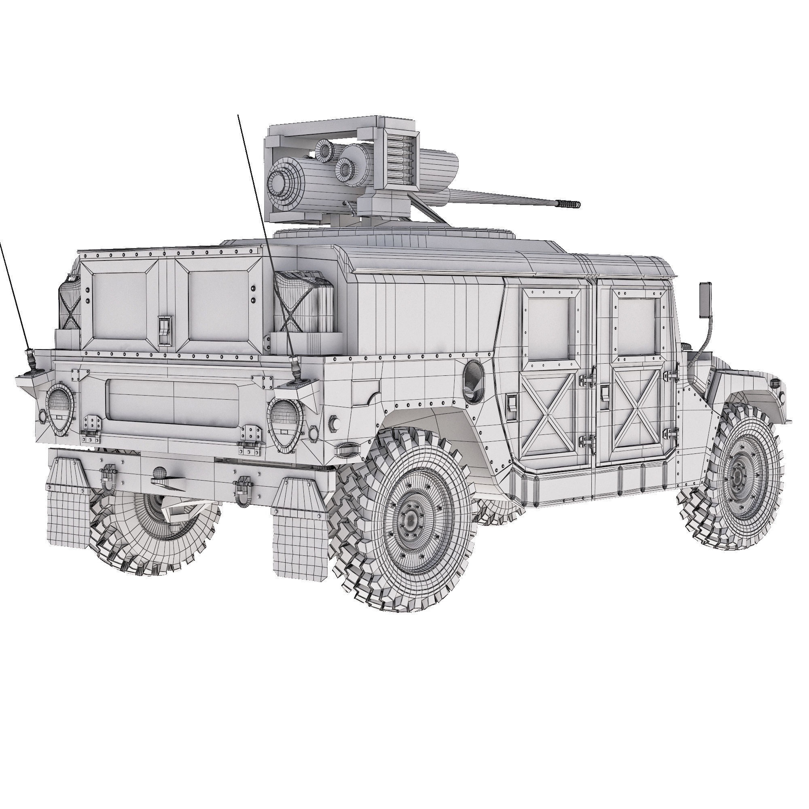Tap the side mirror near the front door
coord(705,299)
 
